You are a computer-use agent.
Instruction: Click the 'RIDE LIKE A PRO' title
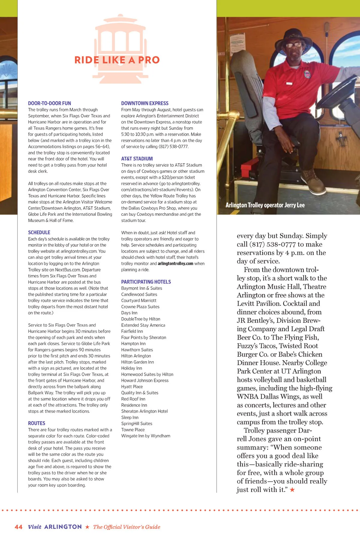(117, 60)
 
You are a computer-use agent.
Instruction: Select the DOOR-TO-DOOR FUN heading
(49, 103)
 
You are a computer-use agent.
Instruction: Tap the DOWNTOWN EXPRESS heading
(145, 103)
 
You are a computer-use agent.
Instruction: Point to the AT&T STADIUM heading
(137, 159)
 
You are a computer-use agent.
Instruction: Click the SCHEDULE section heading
(39, 232)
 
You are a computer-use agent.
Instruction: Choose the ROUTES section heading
(37, 423)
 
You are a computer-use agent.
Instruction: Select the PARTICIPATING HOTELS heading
(146, 282)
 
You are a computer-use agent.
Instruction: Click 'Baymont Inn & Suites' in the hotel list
(141, 288)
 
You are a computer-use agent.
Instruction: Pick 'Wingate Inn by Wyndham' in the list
(145, 436)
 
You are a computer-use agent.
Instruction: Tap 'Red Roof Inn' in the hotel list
(133, 399)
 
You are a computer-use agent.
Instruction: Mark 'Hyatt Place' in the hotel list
(132, 387)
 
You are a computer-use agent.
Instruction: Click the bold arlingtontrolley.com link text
(175, 264)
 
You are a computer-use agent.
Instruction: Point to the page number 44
(18, 527)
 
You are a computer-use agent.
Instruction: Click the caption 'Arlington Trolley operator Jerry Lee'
(265, 205)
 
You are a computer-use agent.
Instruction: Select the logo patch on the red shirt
(307, 74)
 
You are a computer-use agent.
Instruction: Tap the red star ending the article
(292, 490)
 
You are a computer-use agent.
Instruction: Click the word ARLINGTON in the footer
(63, 527)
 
